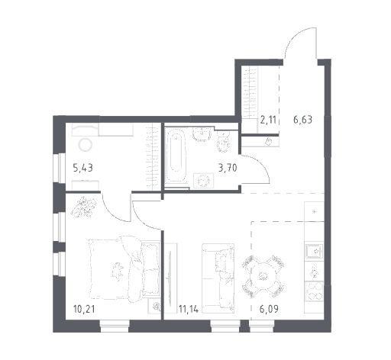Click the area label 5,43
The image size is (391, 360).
pyautogui.click(x=82, y=168)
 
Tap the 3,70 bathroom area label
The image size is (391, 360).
pyautogui.click(x=228, y=168)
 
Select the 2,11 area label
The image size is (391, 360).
pyautogui.click(x=268, y=119)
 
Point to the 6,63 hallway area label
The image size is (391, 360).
pyautogui.click(x=302, y=119)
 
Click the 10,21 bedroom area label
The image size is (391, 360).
pyautogui.click(x=84, y=309)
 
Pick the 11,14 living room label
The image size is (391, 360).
pyautogui.click(x=189, y=309)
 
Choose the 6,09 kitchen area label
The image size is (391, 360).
pyautogui.click(x=269, y=309)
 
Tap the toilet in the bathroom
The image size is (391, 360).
pyautogui.click(x=223, y=142)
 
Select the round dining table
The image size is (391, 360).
pyautogui.click(x=263, y=276)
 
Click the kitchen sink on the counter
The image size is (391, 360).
pyautogui.click(x=315, y=251)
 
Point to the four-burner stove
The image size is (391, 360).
pyautogui.click(x=315, y=291)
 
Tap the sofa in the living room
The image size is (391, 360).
pyautogui.click(x=218, y=278)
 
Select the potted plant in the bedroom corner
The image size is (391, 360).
pyautogui.click(x=84, y=207)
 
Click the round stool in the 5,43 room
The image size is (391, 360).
pyautogui.click(x=86, y=145)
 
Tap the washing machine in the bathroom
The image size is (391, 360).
pyautogui.click(x=203, y=181)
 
